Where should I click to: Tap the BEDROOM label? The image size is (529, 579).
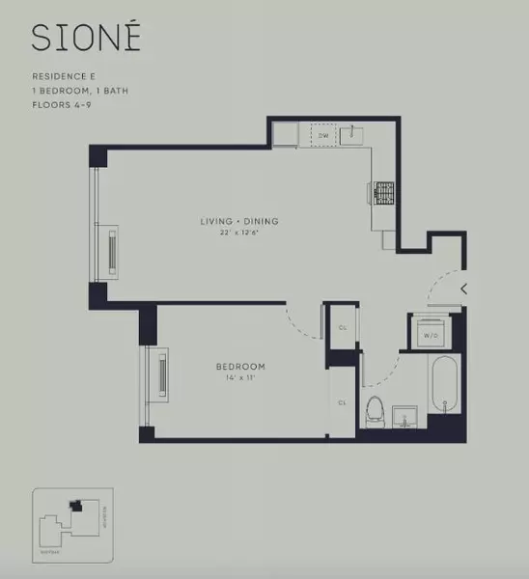click(239, 367)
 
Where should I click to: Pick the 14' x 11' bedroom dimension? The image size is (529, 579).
click(239, 379)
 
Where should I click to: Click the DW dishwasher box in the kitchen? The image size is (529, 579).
click(323, 136)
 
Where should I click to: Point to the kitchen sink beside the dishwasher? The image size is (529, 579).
click(353, 134)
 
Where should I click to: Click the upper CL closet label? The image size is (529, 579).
click(343, 327)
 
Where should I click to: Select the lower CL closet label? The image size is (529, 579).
click(343, 401)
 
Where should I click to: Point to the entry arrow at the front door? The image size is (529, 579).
click(464, 288)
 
